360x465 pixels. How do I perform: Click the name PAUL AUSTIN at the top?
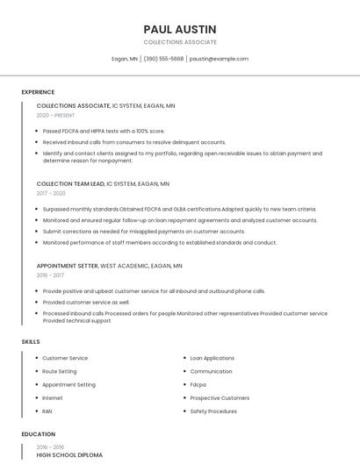tap(179, 29)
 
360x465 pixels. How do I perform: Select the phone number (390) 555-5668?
tap(163, 59)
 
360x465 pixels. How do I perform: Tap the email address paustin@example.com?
tap(219, 59)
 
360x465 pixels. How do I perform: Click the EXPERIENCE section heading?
tap(38, 92)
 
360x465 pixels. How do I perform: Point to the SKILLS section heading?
tap(31, 341)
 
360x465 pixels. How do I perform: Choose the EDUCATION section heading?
tap(38, 434)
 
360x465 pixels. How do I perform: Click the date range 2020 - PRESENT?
tap(55, 115)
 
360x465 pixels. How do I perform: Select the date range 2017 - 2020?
tap(51, 193)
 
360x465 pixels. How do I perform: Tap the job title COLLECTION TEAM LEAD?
tap(70, 184)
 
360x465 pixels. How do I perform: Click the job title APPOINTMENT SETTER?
tap(68, 265)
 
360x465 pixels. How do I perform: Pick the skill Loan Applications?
tap(212, 358)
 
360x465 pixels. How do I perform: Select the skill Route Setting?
tap(60, 371)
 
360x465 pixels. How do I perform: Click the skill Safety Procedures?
tap(213, 411)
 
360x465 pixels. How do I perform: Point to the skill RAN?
tap(47, 411)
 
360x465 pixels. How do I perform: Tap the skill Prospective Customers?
tap(220, 397)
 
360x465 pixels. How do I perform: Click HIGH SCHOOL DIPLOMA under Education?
tap(69, 455)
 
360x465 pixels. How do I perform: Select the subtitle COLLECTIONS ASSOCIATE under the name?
tap(179, 42)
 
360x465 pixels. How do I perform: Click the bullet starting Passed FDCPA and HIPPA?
tap(104, 131)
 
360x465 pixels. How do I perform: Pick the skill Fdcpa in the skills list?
tap(198, 384)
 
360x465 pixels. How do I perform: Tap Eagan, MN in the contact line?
tap(125, 59)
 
